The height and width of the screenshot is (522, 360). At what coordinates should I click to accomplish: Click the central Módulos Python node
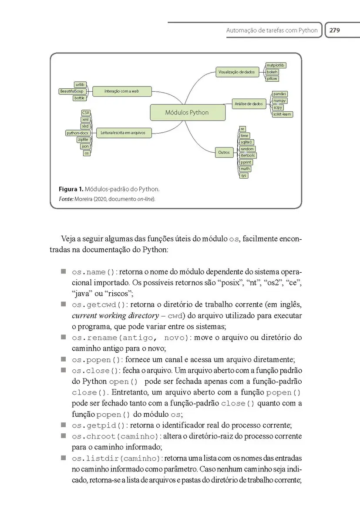click(x=187, y=112)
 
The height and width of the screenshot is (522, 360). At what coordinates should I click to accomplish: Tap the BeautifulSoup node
click(x=72, y=91)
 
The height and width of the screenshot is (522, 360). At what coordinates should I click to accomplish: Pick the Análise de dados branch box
click(x=249, y=104)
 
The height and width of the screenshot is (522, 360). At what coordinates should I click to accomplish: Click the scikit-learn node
click(x=282, y=114)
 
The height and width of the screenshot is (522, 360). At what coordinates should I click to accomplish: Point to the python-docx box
click(x=77, y=133)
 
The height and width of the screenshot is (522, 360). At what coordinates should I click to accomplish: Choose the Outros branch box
click(x=224, y=152)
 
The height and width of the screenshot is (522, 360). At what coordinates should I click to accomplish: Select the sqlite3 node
click(x=246, y=142)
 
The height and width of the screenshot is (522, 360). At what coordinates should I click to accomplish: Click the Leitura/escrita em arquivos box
click(x=123, y=133)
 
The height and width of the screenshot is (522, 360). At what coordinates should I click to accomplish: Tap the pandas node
click(x=280, y=94)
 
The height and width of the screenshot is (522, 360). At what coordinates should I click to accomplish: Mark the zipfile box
click(x=83, y=140)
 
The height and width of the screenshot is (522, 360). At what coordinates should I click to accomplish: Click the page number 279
click(x=334, y=30)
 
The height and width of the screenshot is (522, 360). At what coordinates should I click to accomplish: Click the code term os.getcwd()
click(x=99, y=305)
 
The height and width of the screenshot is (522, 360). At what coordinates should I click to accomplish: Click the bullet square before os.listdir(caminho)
click(x=63, y=458)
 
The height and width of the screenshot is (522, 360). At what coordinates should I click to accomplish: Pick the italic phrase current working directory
click(x=115, y=315)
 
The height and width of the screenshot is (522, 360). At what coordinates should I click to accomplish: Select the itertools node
click(x=248, y=155)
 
